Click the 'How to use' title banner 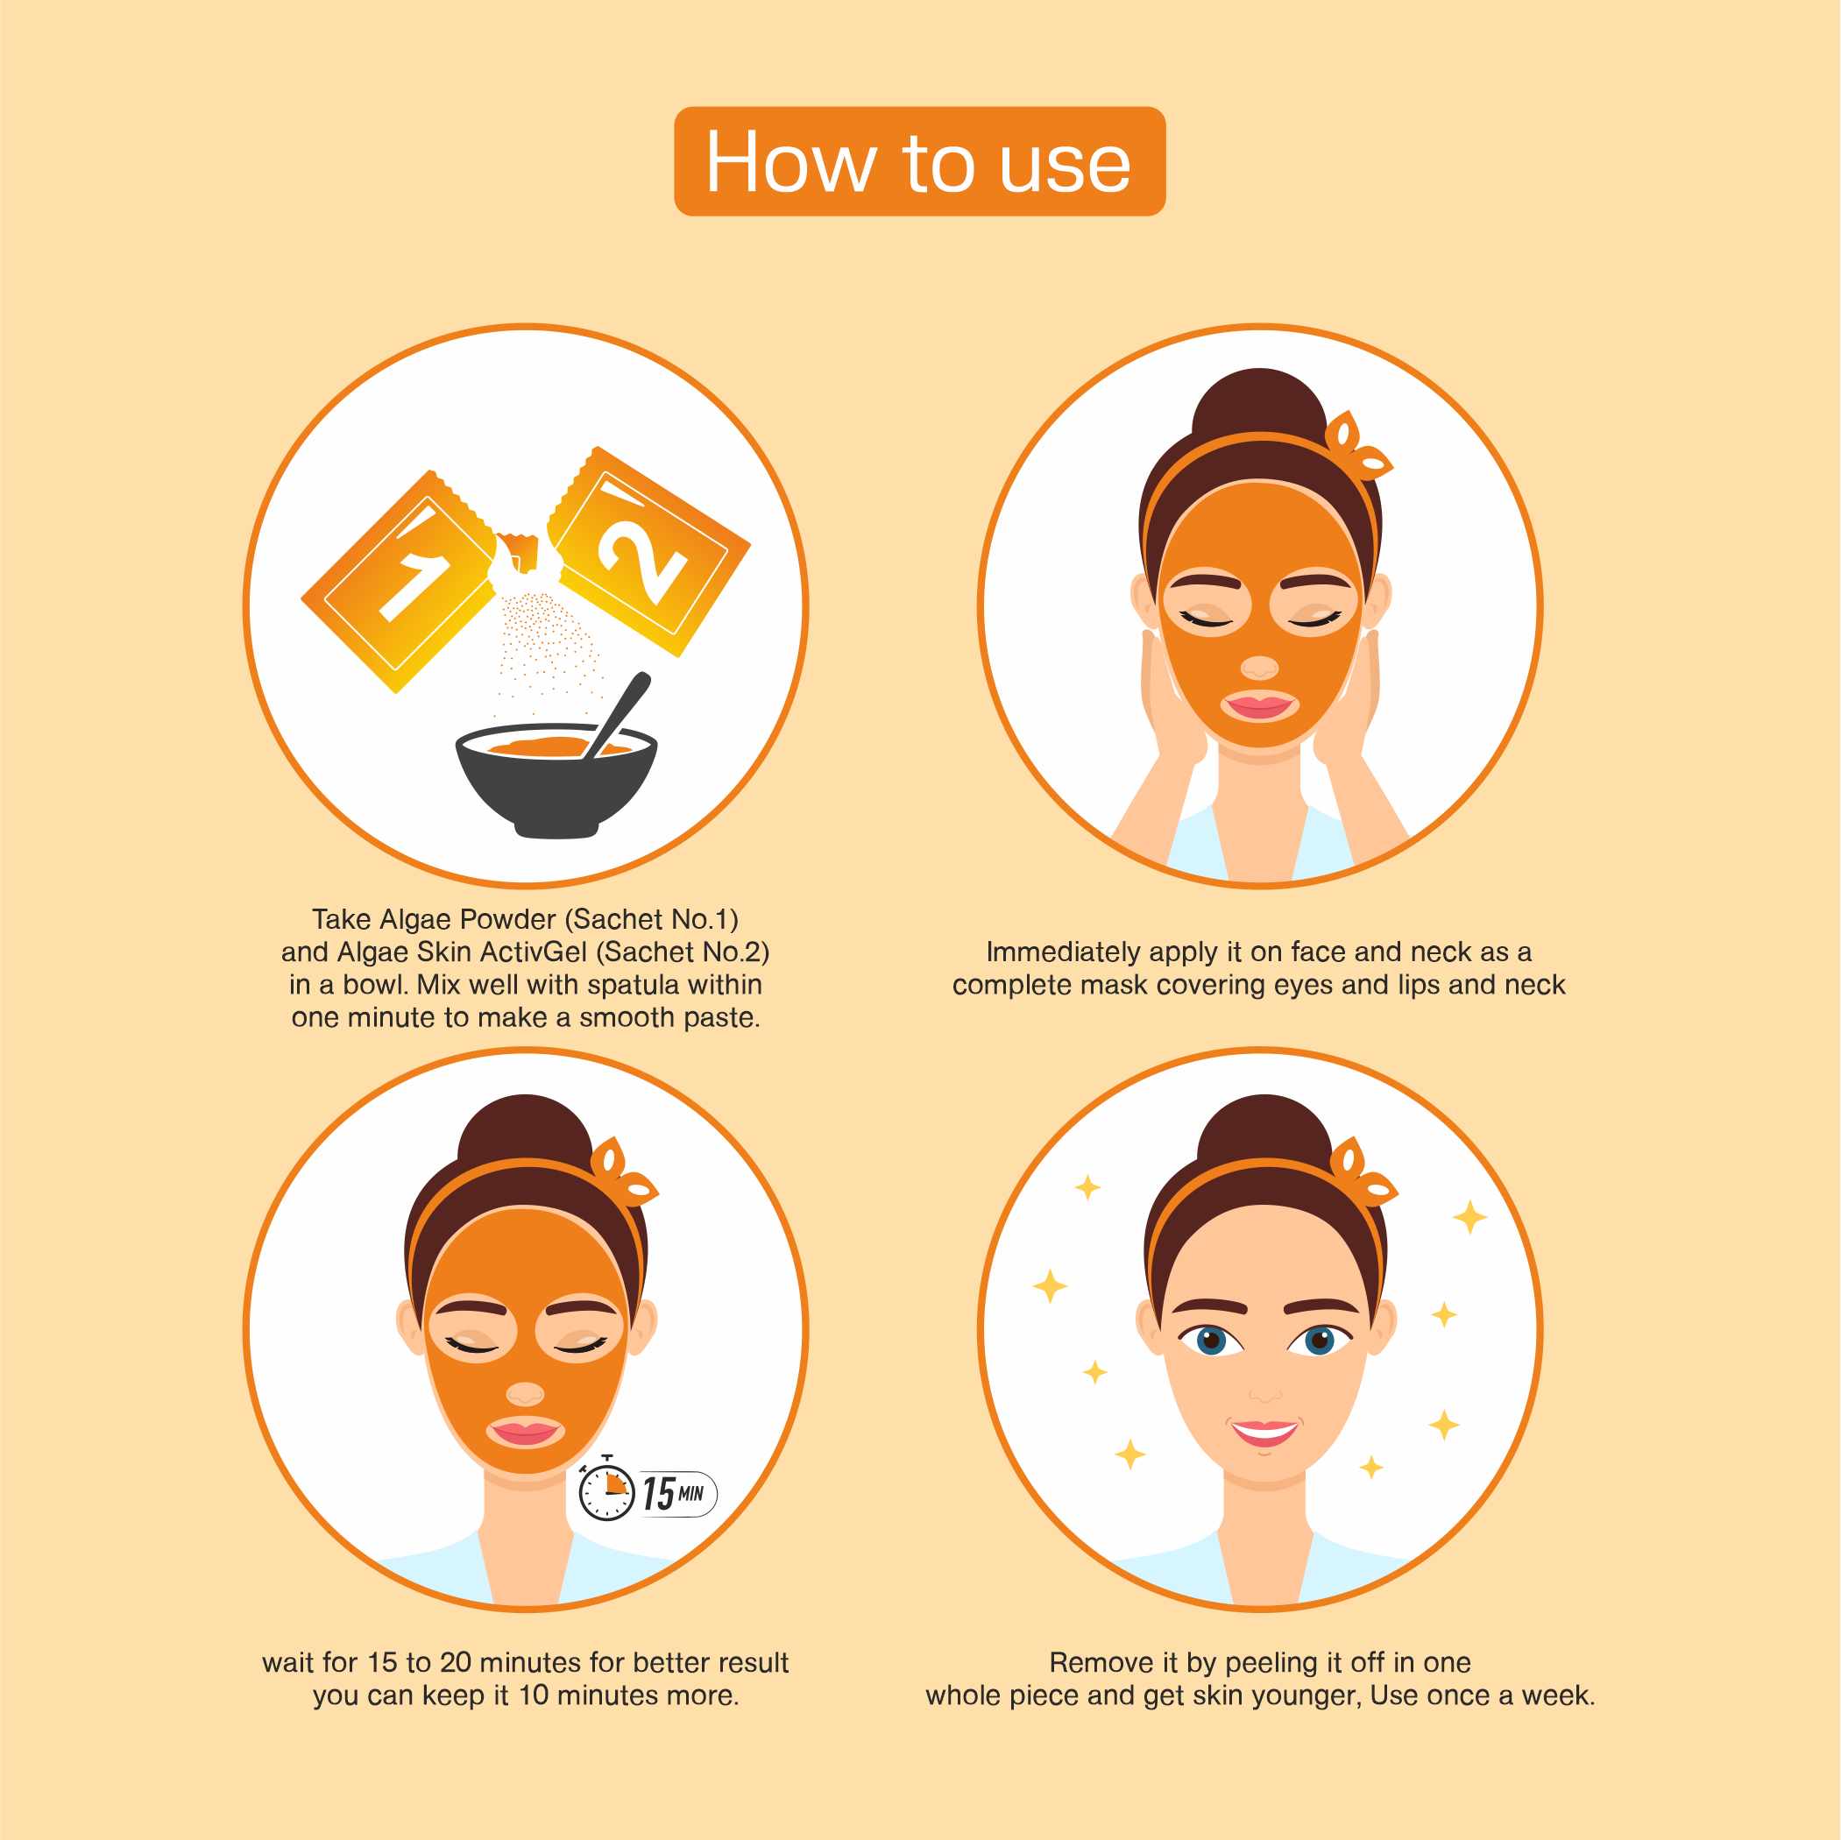pyautogui.click(x=919, y=162)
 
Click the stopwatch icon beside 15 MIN pyautogui.click(x=606, y=1492)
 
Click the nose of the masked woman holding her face pyautogui.click(x=1260, y=667)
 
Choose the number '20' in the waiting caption pyautogui.click(x=456, y=1663)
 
